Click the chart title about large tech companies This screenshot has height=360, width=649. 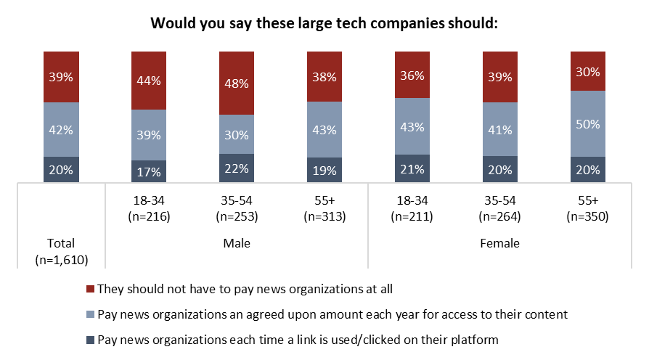coord(324,22)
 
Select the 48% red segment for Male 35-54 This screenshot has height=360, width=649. coord(237,83)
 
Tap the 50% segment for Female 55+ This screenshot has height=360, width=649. coord(587,124)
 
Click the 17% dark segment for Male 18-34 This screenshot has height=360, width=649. coord(149,171)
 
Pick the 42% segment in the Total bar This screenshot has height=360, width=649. coord(61,130)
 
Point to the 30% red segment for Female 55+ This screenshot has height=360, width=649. coord(587,71)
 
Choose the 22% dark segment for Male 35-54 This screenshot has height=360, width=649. coord(237,168)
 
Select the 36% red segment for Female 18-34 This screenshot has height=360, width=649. coord(412,75)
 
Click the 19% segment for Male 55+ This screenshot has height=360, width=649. coord(324,170)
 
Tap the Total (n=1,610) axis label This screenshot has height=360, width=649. coord(61,250)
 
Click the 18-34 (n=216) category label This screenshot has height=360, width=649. coord(149,209)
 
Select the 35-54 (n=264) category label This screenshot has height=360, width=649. coord(499,209)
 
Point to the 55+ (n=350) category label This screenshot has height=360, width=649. coord(587,209)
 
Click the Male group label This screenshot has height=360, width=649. coord(237,243)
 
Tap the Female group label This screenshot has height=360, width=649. coord(499,243)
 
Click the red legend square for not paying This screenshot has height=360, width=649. coord(91,289)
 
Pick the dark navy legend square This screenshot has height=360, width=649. coord(91,340)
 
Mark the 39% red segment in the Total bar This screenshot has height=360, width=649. coord(61,77)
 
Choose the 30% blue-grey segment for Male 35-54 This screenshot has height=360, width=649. coord(237,134)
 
